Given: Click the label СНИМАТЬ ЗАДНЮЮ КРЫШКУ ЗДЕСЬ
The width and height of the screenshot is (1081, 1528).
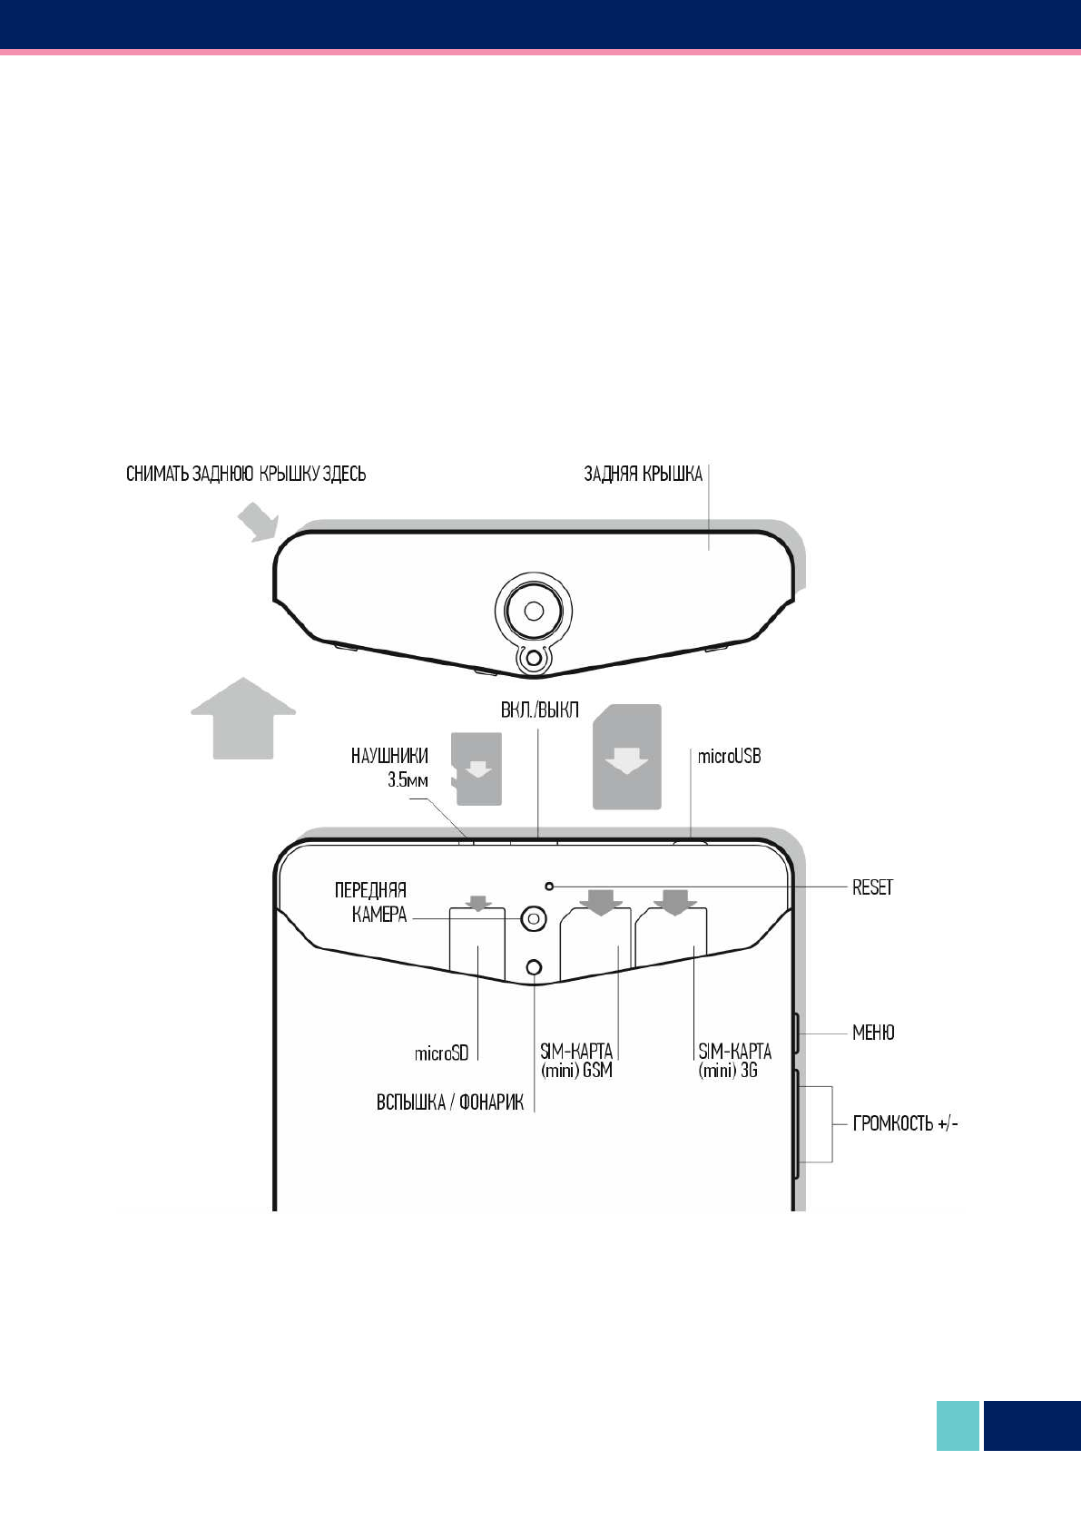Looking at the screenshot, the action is click(246, 474).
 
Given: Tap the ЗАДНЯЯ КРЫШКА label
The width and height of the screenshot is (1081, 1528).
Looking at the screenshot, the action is click(643, 474).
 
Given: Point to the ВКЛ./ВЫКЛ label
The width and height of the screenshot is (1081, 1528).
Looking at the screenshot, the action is click(539, 710).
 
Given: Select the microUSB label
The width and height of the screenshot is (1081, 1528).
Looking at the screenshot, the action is click(729, 756).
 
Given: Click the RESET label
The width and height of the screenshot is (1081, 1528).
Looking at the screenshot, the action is click(872, 887).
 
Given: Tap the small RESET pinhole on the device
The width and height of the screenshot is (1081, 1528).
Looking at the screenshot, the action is click(548, 885).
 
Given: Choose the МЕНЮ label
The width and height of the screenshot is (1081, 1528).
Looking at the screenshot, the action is click(873, 1033).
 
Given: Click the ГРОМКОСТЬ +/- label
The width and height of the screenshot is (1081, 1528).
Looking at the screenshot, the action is click(905, 1123).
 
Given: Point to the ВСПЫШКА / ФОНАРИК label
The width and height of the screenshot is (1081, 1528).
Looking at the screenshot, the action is click(450, 1103).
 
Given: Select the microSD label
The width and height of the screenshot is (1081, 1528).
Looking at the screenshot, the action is click(442, 1053).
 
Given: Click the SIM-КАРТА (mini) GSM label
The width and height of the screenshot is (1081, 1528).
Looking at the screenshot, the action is click(577, 1061).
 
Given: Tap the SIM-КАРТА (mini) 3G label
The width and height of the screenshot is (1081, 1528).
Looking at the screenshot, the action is click(734, 1061).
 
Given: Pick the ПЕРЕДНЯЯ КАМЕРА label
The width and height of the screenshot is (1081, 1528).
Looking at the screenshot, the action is click(371, 902).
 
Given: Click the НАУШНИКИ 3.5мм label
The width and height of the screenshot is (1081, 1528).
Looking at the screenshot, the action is click(390, 767).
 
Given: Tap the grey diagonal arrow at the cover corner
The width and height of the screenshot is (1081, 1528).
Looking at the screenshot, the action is click(256, 524).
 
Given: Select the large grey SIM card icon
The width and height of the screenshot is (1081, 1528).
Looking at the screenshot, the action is click(627, 757).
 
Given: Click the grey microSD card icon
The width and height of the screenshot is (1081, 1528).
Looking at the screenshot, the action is click(477, 769).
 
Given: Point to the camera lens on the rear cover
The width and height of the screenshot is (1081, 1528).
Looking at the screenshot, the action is click(534, 608).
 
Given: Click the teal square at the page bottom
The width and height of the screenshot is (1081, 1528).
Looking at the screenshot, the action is click(958, 1425).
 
